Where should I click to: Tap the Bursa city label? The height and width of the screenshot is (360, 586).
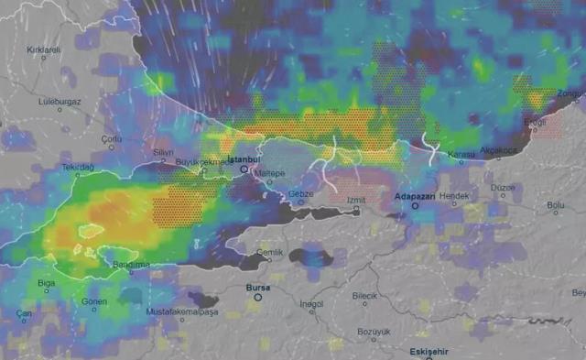pyautogui.click(x=258, y=288)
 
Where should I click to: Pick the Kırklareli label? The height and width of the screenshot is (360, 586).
pyautogui.click(x=43, y=49)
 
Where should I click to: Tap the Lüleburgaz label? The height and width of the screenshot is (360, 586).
pyautogui.click(x=60, y=101)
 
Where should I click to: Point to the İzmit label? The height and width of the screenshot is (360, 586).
pyautogui.click(x=356, y=199)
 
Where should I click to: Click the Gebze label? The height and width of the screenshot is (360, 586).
pyautogui.click(x=300, y=194)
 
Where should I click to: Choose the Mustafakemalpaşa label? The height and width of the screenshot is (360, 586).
pyautogui.click(x=182, y=311)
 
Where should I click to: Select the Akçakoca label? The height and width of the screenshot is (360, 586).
pyautogui.click(x=499, y=150)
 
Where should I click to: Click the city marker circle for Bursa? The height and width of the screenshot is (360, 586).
pyautogui.click(x=258, y=297)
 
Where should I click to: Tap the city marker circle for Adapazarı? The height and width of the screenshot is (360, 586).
pyautogui.click(x=415, y=206)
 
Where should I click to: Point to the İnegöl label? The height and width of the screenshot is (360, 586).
pyautogui.click(x=311, y=304)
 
